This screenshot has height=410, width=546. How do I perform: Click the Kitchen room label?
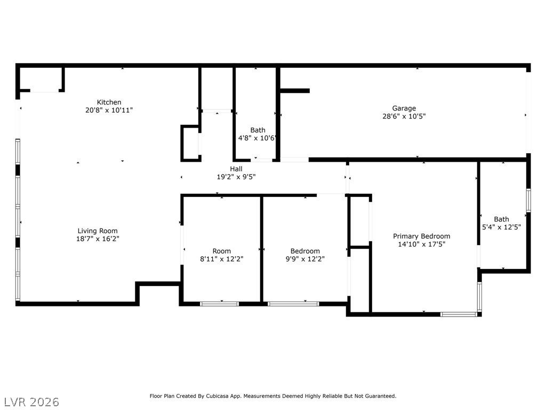tap(109, 102)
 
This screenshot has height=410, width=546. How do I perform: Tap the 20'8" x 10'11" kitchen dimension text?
tap(109, 110)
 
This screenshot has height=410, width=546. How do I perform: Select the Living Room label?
tap(98, 231)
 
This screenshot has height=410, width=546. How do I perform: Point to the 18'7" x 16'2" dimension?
tap(98, 239)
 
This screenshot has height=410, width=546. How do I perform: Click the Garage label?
tap(404, 108)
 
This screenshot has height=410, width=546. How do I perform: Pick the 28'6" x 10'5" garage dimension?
tap(404, 116)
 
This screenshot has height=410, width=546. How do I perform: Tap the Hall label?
tap(236, 169)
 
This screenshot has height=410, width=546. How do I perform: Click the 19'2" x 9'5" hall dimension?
tap(236, 177)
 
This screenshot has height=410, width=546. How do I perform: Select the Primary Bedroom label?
tap(421, 236)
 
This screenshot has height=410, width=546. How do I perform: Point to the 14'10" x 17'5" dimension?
tap(421, 244)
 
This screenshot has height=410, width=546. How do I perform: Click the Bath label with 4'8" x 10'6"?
tap(258, 130)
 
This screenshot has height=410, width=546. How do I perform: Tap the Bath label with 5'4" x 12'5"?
tap(501, 219)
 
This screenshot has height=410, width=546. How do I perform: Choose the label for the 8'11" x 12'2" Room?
tap(221, 251)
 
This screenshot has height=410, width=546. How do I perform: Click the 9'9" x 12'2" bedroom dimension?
tap(305, 259)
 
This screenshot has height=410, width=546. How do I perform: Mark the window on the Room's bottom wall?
tap(219, 304)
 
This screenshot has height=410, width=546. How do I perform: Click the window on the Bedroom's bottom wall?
tap(293, 304)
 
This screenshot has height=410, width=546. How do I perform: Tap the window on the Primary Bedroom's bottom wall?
tap(459, 314)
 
